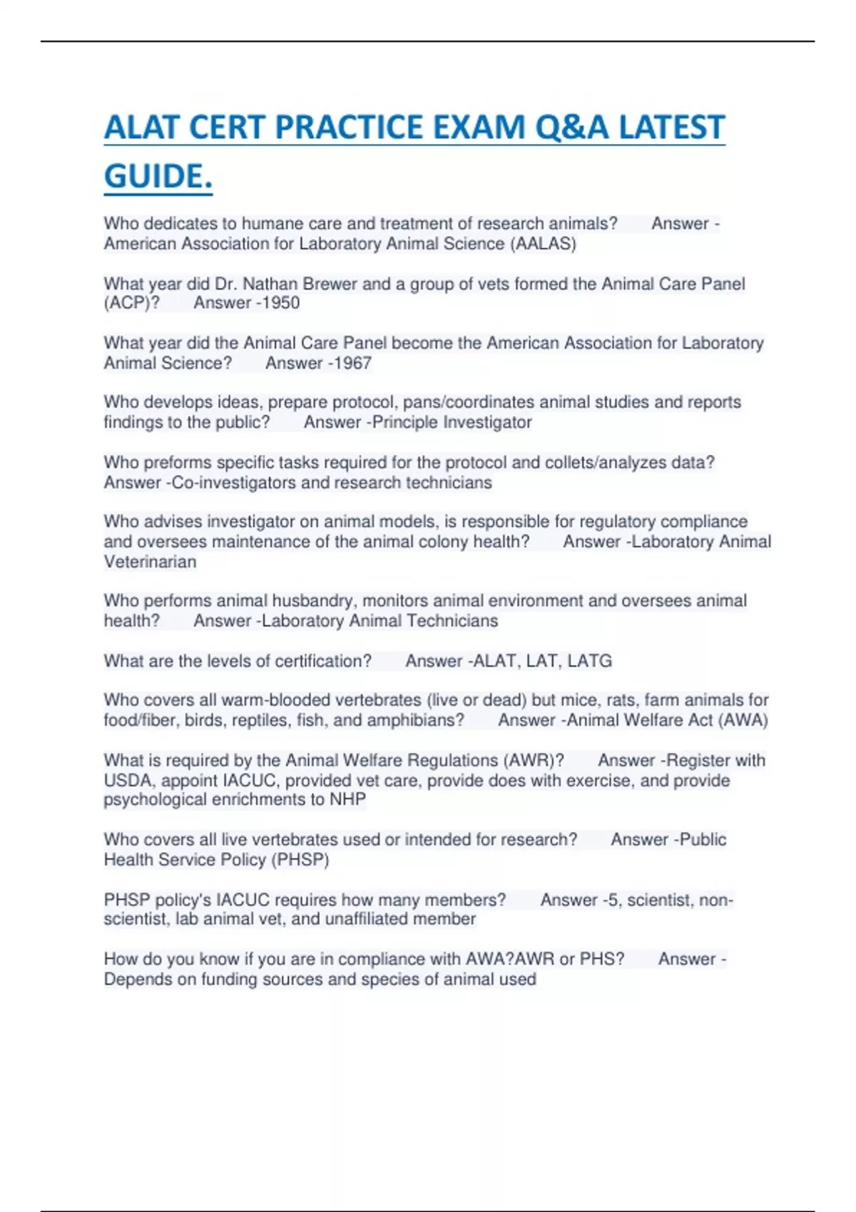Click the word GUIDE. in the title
pyautogui.click(x=158, y=177)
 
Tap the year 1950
pyautogui.click(x=280, y=303)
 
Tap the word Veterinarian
pyautogui.click(x=150, y=562)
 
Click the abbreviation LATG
pyautogui.click(x=589, y=661)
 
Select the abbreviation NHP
pyautogui.click(x=348, y=799)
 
